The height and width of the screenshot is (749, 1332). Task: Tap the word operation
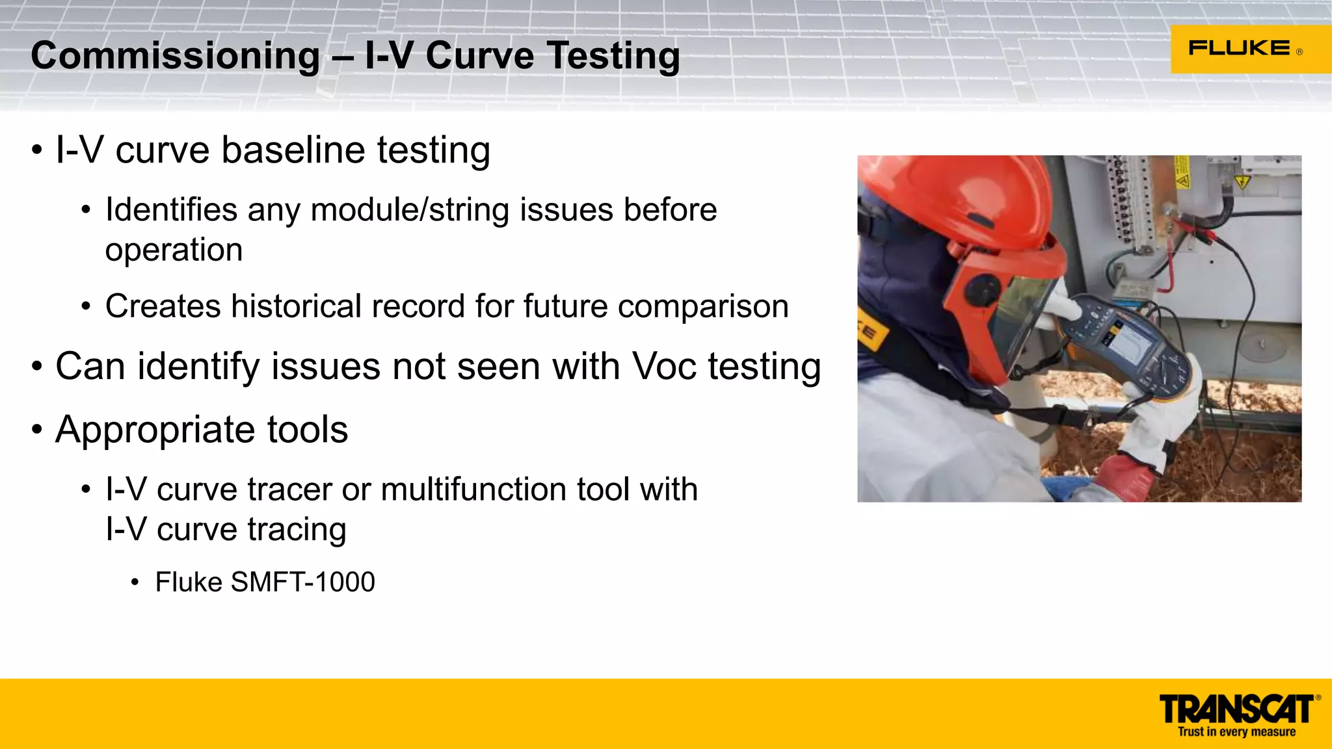(174, 250)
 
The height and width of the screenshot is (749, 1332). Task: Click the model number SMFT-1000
(302, 582)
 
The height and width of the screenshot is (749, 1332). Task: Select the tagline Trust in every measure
(1236, 732)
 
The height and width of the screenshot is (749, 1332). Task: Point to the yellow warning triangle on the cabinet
(1242, 181)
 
